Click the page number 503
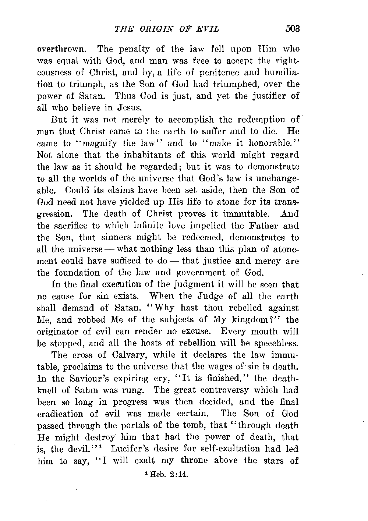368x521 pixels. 293,29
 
